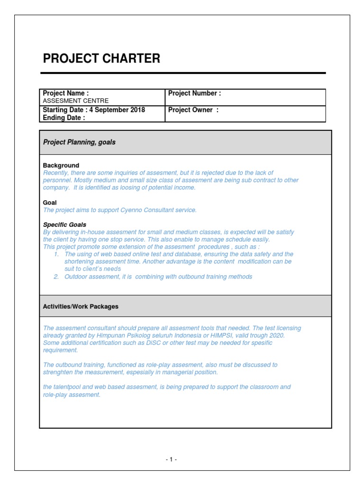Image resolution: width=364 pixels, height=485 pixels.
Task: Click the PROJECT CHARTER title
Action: pos(101,59)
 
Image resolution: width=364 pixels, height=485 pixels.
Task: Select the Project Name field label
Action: pos(65,93)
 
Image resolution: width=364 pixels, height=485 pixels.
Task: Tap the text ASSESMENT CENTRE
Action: pos(76,101)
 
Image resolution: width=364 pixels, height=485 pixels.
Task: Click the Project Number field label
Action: pos(194,93)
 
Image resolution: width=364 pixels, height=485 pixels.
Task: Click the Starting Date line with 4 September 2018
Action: pos(94,110)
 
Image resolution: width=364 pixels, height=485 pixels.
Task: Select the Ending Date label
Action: pos(64,118)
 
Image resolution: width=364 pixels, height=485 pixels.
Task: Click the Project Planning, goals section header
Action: pos(79,142)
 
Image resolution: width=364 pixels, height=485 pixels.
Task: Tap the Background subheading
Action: pos(61,165)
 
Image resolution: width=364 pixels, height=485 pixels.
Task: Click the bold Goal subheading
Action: pos(50,202)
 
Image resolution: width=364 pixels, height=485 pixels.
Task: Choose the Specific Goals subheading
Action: pos(64,225)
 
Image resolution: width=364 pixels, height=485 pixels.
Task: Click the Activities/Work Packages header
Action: pos(81,306)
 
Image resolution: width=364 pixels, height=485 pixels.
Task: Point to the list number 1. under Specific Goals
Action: pos(56,254)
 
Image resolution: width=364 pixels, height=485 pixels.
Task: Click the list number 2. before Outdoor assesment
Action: pos(56,277)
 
